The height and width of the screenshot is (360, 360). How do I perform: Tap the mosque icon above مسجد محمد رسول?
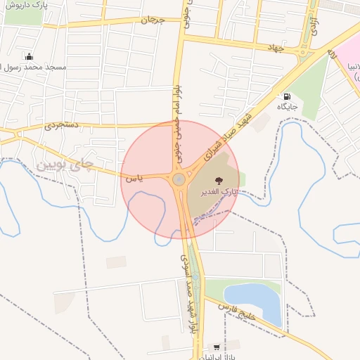tap(28, 56)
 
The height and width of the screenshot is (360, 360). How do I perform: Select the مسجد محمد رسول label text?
tap(37, 68)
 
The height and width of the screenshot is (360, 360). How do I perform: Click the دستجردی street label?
tap(63, 126)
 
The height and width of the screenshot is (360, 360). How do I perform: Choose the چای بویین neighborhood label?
tap(63, 166)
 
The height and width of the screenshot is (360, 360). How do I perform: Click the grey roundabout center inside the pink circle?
tap(179, 180)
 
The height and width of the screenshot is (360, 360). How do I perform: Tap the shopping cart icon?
tap(216, 347)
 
